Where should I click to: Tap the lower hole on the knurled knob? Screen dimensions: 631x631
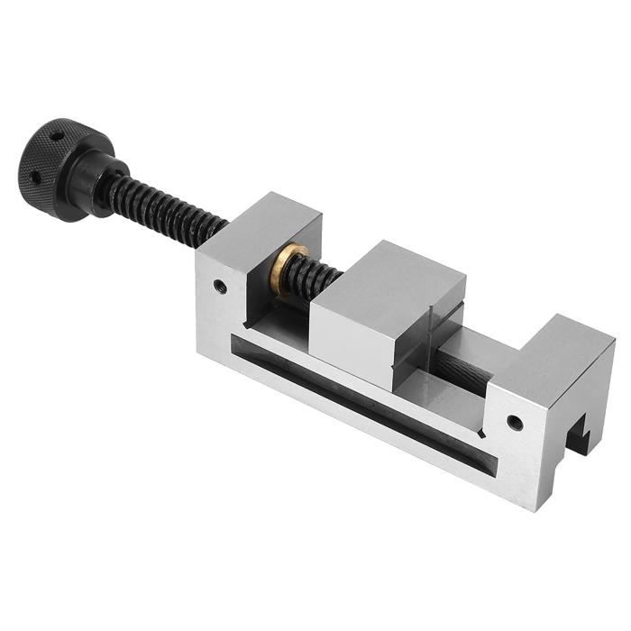[37, 178]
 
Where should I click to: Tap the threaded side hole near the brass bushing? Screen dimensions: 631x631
[219, 288]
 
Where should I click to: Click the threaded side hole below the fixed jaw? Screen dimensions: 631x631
[514, 421]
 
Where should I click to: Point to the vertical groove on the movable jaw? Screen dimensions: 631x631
[432, 334]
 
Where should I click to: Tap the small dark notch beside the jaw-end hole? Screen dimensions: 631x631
[481, 433]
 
